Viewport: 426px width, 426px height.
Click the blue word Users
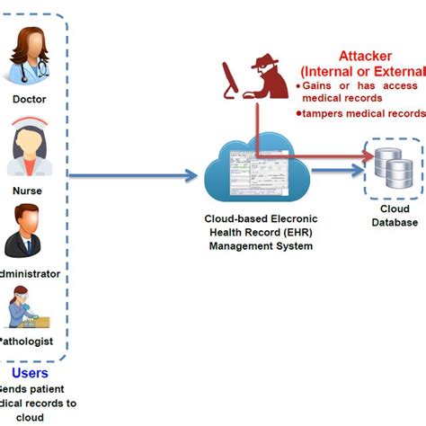(30, 372)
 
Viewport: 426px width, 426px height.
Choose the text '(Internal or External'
(363, 71)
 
